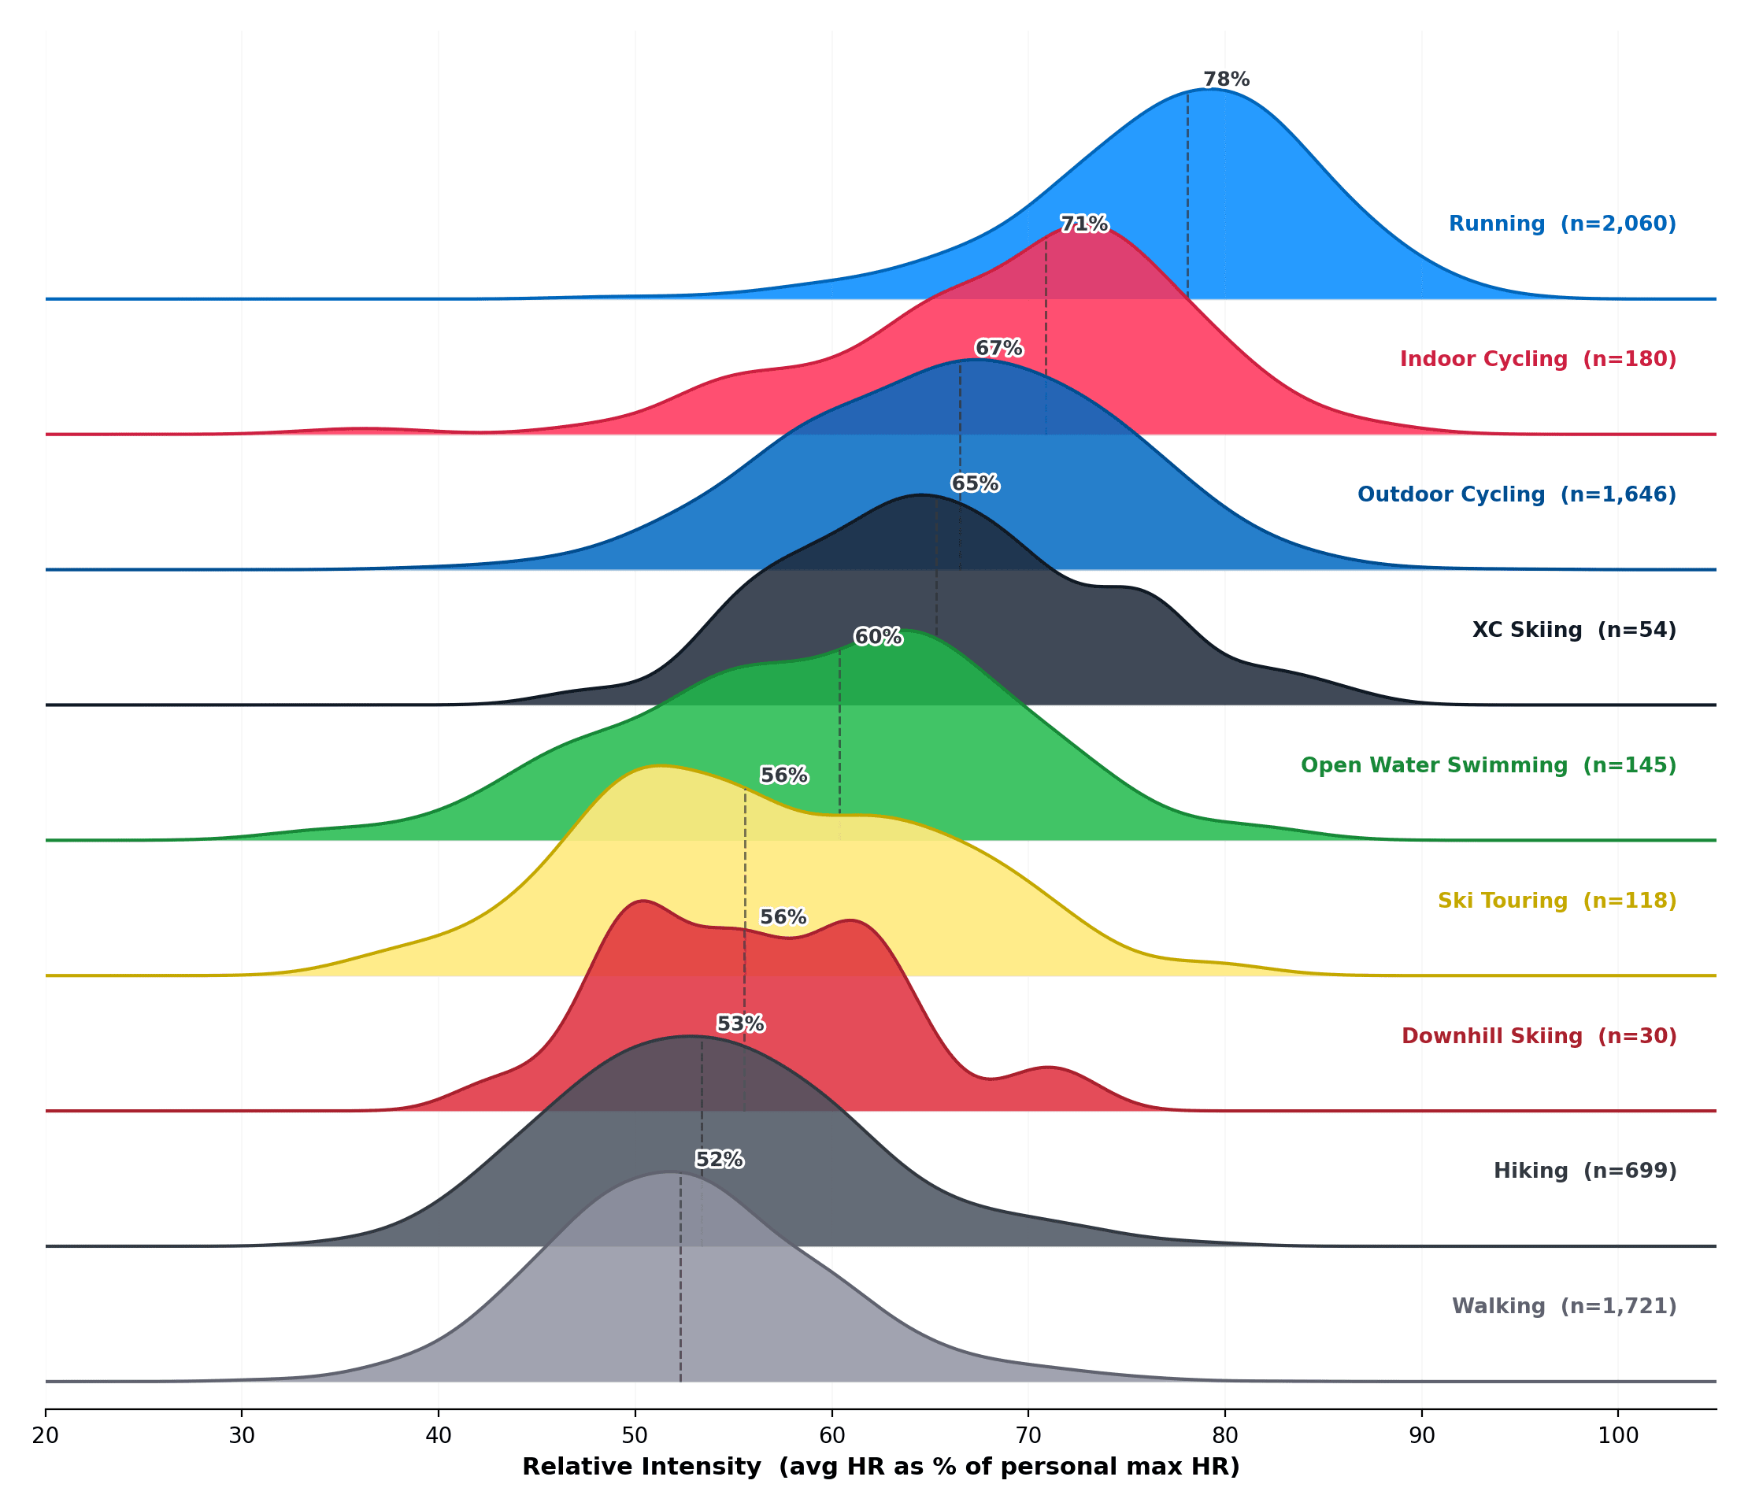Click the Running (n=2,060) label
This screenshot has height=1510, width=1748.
click(1561, 224)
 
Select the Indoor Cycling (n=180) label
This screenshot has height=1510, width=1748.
click(1537, 359)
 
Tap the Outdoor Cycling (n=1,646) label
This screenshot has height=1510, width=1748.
click(1516, 494)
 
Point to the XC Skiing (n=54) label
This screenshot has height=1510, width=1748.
click(1573, 630)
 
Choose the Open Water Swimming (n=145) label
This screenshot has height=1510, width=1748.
click(1487, 765)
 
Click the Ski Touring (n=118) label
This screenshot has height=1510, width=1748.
click(1557, 901)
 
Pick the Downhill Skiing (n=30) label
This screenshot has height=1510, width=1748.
click(1538, 1036)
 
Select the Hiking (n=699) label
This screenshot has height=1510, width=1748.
click(1584, 1171)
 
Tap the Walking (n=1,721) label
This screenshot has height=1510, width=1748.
click(1563, 1307)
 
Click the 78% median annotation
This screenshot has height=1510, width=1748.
click(1226, 80)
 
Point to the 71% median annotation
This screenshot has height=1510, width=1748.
click(1083, 224)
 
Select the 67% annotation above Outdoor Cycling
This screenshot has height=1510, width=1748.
click(998, 349)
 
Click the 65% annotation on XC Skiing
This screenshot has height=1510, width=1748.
click(975, 484)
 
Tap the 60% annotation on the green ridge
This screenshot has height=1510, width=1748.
click(877, 637)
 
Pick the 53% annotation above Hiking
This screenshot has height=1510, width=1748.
click(740, 1024)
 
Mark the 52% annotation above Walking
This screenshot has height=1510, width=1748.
click(719, 1160)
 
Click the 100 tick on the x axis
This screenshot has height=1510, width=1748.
click(1618, 1437)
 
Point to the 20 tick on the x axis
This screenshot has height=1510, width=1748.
click(45, 1437)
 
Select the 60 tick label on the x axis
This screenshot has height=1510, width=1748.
click(831, 1437)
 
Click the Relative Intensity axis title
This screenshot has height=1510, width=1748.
click(881, 1467)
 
